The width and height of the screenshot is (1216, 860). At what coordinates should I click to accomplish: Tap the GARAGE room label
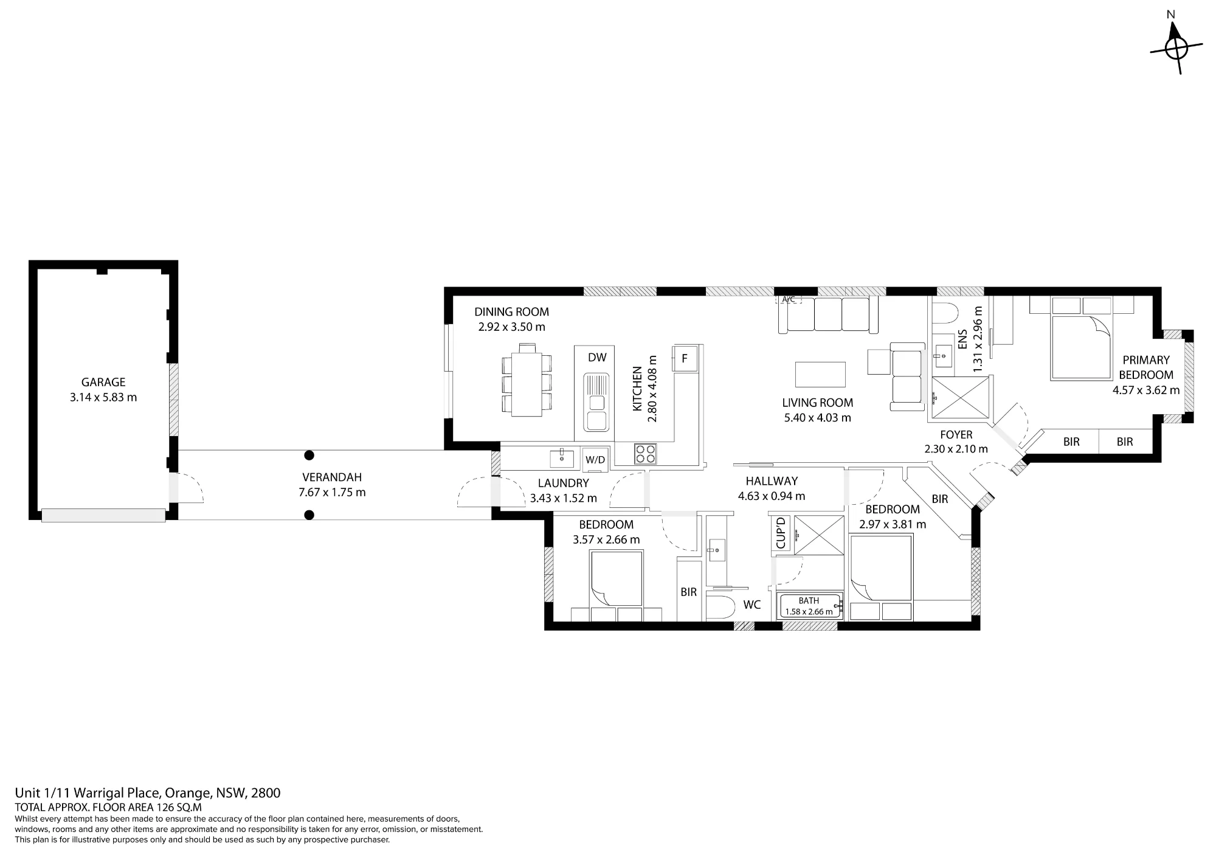[x=103, y=382]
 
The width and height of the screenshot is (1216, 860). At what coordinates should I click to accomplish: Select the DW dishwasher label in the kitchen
[x=597, y=358]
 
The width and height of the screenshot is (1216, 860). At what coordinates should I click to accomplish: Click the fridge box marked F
[x=684, y=358]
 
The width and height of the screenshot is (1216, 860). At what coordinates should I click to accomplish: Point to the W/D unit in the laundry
[x=595, y=460]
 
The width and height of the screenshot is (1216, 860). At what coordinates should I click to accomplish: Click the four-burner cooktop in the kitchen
[x=645, y=454]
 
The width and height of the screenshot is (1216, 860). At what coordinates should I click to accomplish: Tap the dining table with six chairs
[x=527, y=380]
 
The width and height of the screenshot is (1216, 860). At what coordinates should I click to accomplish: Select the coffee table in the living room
[x=820, y=375]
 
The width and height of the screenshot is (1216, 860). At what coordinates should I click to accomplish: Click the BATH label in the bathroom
[x=809, y=600]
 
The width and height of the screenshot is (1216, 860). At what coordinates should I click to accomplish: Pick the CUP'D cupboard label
[x=781, y=532]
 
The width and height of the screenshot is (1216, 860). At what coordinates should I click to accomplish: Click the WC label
[x=752, y=605]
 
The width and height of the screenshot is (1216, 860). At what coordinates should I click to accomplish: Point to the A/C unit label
[x=789, y=299]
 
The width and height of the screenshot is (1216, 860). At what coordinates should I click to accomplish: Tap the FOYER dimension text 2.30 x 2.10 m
[x=956, y=449]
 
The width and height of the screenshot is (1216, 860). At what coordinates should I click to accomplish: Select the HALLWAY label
[x=772, y=481]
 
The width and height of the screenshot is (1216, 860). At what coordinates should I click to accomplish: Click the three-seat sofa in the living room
[x=829, y=315]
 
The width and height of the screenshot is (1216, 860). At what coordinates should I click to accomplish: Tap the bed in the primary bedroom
[x=1082, y=347]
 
